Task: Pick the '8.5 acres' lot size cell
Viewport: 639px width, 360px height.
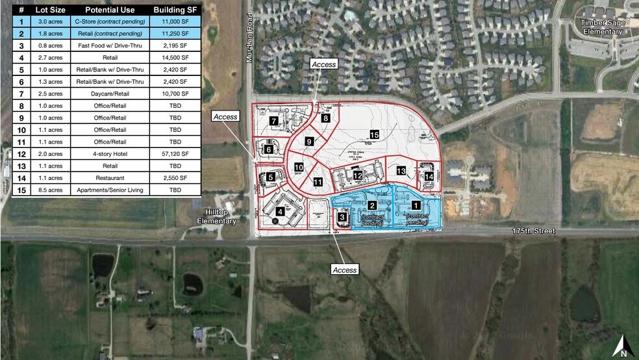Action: tap(50, 190)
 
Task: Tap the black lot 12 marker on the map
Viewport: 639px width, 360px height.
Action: tap(358, 175)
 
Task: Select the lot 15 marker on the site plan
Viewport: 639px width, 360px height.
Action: tap(374, 135)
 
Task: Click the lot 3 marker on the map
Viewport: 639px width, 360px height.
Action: tap(342, 217)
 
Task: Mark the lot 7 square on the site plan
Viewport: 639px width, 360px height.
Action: tap(275, 121)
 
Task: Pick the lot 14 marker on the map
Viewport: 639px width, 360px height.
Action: tap(429, 175)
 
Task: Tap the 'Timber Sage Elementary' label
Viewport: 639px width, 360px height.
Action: tap(602, 27)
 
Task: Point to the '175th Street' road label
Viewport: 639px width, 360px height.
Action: tap(530, 231)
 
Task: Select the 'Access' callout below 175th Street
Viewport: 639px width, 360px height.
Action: tap(344, 269)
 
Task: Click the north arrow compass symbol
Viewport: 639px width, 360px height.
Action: tap(622, 345)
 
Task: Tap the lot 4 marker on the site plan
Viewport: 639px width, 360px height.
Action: tap(280, 211)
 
